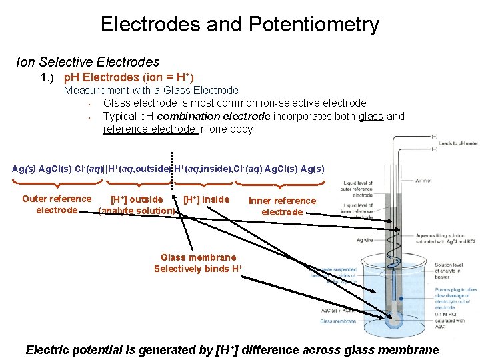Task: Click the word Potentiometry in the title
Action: click(313, 25)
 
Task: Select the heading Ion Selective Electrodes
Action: click(87, 62)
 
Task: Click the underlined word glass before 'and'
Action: click(371, 116)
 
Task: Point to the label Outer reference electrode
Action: click(57, 204)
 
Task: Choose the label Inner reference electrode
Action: click(282, 206)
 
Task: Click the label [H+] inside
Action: click(206, 199)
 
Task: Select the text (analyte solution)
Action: click(137, 211)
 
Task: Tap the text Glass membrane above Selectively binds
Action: click(198, 257)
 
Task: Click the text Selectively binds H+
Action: click(198, 269)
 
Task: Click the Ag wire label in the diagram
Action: click(365, 240)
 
